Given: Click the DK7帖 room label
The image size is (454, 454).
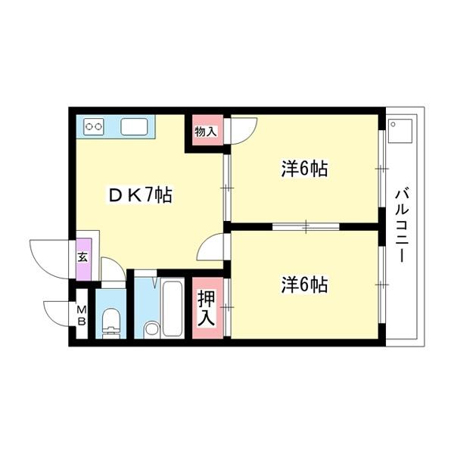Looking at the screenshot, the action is pos(140,195).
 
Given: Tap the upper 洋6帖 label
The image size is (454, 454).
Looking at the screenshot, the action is pos(305,169).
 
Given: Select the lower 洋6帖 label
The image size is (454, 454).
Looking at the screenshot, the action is pos(305,285).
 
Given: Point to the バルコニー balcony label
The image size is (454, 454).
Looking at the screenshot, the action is pos(403,225).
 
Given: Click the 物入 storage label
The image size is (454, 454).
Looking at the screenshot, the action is pos(205,132).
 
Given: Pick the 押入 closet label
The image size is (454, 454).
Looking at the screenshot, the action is pos(207,309).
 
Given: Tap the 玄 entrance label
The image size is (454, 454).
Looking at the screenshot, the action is pos(82,257).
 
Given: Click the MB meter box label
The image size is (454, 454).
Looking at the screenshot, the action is pos(82,316).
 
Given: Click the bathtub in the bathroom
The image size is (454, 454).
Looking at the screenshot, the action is pos(173,307).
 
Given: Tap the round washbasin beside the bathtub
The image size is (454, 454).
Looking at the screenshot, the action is pos(151,329).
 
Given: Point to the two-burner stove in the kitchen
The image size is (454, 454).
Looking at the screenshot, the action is pos(94,126).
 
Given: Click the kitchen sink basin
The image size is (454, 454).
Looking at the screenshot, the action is pos(134,127).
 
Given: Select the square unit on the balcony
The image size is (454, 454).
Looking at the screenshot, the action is pos(400,131).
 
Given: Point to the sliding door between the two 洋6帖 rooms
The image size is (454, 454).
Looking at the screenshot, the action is pos(306,226).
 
